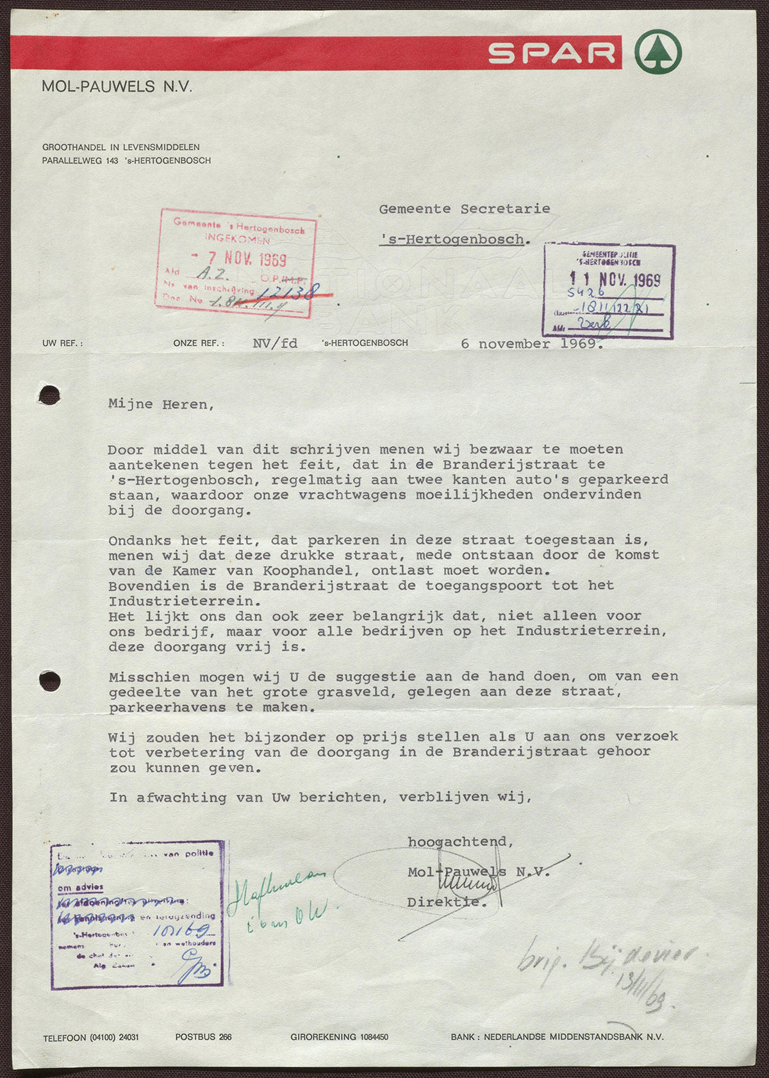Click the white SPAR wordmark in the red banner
point(552,53)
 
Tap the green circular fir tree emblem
point(658,52)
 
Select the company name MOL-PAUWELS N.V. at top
point(117,87)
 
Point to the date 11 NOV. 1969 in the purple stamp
point(615,279)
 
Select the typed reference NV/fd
point(275,344)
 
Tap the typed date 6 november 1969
point(531,344)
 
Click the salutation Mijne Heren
point(161,404)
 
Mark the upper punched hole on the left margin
point(49,395)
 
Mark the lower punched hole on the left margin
point(49,681)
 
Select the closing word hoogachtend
point(460,842)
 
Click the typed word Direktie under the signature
point(446,902)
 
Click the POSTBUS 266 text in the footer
point(203,1037)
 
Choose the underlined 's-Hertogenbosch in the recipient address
point(452,240)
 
